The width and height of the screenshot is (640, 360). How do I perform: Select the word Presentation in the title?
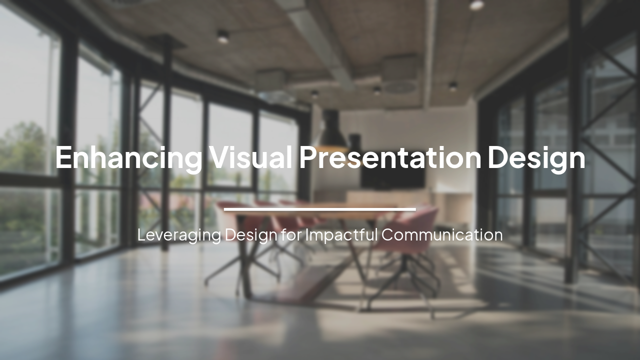[x=390, y=157]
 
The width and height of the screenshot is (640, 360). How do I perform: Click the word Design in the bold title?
[x=536, y=158]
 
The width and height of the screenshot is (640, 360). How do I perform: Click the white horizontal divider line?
[x=319, y=209]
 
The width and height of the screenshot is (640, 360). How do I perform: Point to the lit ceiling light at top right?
[x=476, y=5]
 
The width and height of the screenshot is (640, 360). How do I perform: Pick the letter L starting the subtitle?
[x=141, y=234]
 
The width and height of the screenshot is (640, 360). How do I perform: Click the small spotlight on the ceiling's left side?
[x=222, y=36]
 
